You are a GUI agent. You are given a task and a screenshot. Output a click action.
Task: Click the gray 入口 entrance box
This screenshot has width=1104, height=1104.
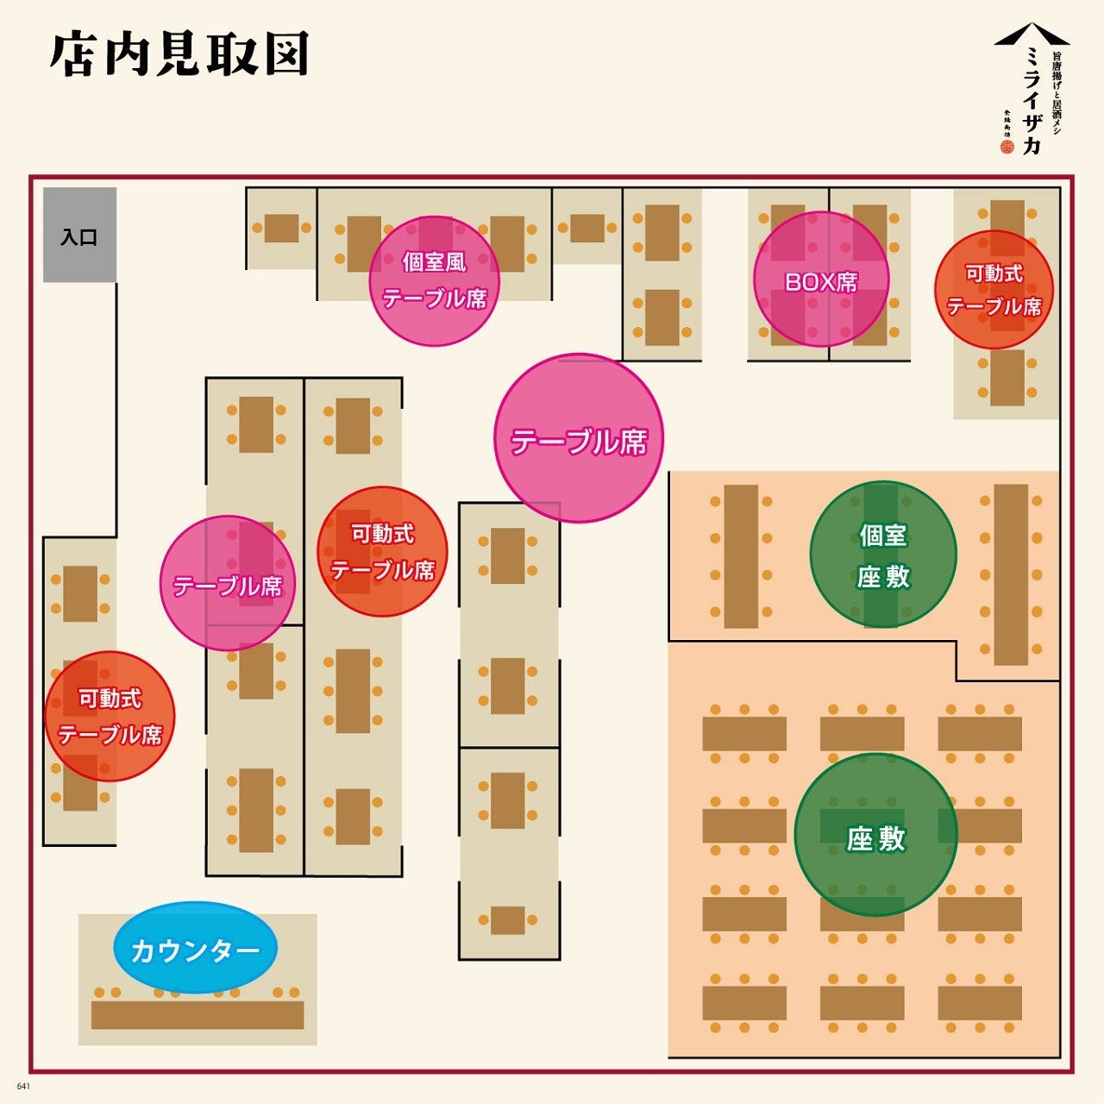click(x=79, y=235)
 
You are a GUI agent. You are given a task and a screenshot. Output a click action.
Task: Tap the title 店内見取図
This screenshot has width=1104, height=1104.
click(x=179, y=55)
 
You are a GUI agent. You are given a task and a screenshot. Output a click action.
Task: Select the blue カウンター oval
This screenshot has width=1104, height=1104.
click(x=195, y=948)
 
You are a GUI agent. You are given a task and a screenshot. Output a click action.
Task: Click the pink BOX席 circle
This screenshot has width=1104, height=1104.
click(x=820, y=279)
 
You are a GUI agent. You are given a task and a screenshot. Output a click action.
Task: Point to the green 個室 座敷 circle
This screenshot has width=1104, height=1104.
click(x=882, y=554)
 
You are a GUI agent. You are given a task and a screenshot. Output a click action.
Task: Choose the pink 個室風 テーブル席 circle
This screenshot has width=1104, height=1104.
click(x=435, y=280)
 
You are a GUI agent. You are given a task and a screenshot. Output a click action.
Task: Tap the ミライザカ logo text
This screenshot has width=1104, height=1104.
click(x=1031, y=99)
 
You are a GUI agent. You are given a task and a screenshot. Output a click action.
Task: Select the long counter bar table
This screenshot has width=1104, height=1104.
click(x=198, y=1015)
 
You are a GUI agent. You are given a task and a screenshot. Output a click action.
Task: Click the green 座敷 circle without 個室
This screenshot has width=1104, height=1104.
click(x=875, y=835)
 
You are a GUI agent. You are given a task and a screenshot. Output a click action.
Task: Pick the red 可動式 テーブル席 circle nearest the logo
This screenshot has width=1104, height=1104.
click(x=994, y=290)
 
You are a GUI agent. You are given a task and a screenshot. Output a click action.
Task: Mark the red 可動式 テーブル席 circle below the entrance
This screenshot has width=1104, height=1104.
click(x=110, y=716)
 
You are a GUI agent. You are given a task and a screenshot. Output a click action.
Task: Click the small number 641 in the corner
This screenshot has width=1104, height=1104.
click(x=23, y=1086)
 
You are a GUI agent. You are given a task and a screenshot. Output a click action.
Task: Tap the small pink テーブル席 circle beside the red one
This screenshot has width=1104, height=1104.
click(x=228, y=583)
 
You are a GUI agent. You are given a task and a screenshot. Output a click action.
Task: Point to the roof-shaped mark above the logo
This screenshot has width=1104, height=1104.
click(x=1032, y=35)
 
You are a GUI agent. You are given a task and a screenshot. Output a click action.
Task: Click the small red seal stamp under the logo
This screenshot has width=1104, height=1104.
click(x=1007, y=147)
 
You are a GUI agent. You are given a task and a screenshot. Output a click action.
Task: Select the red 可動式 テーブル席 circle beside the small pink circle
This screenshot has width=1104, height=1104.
click(x=382, y=552)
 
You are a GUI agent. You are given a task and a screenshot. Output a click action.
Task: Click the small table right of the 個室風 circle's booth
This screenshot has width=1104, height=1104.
click(x=586, y=228)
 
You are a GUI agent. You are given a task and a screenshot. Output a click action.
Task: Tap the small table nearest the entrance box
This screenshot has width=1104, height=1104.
click(x=281, y=228)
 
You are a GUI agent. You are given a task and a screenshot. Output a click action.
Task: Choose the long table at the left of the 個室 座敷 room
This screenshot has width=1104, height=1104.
click(x=741, y=556)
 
